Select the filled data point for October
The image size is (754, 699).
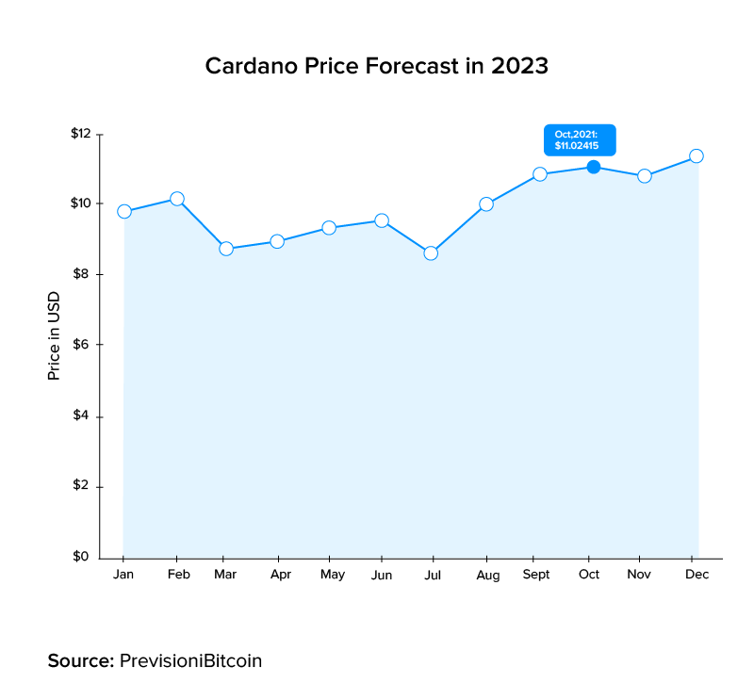click(x=593, y=167)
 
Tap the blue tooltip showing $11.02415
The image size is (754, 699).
click(x=579, y=139)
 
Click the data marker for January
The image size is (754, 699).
click(x=123, y=211)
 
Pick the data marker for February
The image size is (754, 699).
click(x=176, y=199)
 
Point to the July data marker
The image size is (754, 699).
click(x=431, y=252)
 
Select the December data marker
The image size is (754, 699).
click(x=697, y=155)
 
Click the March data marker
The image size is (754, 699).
click(x=226, y=249)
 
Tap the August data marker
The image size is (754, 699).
click(x=486, y=203)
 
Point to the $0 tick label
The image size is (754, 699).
click(x=83, y=557)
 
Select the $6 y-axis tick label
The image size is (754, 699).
click(x=83, y=345)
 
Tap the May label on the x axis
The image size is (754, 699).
click(x=332, y=575)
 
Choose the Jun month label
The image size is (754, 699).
click(x=382, y=574)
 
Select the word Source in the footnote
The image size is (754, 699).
click(x=80, y=660)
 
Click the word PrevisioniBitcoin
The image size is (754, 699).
click(x=190, y=660)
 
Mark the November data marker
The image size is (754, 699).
click(x=645, y=176)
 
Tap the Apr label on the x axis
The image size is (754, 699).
click(x=279, y=575)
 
